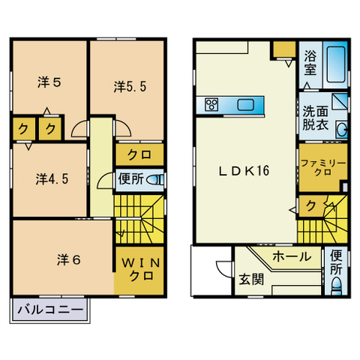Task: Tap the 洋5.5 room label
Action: [x=130, y=87]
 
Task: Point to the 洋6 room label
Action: [x=68, y=259]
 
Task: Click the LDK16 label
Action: [x=244, y=170]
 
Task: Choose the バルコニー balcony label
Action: [x=49, y=309]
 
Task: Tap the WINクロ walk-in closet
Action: [x=139, y=269]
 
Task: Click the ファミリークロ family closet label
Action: [x=322, y=167]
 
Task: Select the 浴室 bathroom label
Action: [x=310, y=62]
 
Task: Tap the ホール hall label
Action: [x=292, y=256]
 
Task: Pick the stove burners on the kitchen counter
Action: [x=211, y=105]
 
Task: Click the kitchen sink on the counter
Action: [x=246, y=105]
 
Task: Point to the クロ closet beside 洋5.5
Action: [x=139, y=155]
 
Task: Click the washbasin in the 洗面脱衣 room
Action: [x=342, y=130]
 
